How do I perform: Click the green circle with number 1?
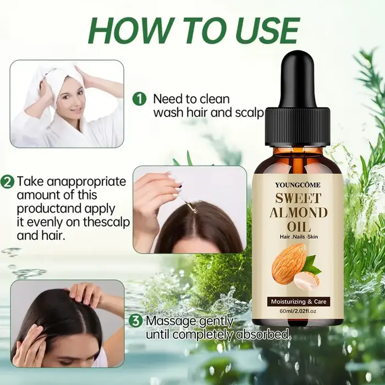pyautogui.click(x=139, y=99)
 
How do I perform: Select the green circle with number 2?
pyautogui.click(x=7, y=182)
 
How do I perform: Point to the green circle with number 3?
pyautogui.click(x=136, y=321)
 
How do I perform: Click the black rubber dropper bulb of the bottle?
pyautogui.click(x=298, y=81)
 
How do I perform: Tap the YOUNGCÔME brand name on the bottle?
pyautogui.click(x=298, y=185)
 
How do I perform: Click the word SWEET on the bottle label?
pyautogui.click(x=298, y=198)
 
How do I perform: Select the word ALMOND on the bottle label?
pyautogui.click(x=298, y=212)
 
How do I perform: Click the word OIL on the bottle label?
pyautogui.click(x=299, y=227)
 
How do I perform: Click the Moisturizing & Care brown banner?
pyautogui.click(x=299, y=301)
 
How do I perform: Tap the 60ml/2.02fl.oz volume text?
pyautogui.click(x=298, y=311)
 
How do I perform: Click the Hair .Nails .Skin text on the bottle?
pyautogui.click(x=299, y=237)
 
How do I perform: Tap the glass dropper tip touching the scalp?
pyautogui.click(x=193, y=209)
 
